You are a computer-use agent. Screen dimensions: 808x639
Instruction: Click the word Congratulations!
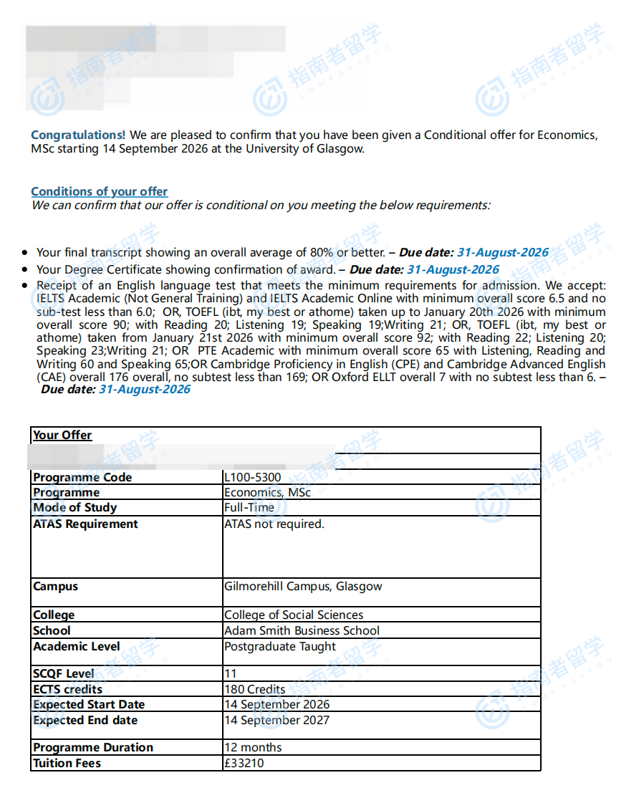tap(78, 135)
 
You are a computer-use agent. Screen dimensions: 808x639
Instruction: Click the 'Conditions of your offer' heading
tap(99, 191)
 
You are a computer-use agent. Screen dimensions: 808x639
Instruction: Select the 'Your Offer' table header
tap(62, 435)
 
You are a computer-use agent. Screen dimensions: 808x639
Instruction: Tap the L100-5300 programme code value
tap(252, 477)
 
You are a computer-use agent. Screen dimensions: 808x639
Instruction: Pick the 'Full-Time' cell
tap(249, 507)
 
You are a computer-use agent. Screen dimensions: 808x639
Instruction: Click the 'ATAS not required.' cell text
tap(274, 524)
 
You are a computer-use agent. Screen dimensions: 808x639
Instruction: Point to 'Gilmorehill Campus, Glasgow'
tap(303, 586)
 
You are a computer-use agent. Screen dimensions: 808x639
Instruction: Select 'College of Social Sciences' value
tap(293, 615)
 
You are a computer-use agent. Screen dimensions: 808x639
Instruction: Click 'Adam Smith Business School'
tap(302, 630)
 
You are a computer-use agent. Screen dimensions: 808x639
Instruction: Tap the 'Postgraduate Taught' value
tap(279, 646)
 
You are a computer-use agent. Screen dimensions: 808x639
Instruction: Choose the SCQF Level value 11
tap(230, 673)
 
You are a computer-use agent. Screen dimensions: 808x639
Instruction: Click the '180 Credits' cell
tap(254, 689)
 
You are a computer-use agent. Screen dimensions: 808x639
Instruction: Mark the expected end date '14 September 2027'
tap(277, 720)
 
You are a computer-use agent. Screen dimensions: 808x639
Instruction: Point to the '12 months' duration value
tap(253, 747)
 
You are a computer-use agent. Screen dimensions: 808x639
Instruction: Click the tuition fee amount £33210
tap(244, 763)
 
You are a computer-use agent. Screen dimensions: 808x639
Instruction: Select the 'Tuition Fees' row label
tap(67, 763)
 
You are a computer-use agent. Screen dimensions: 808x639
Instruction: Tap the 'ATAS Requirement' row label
tap(85, 524)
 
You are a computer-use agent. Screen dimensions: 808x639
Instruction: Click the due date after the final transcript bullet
tap(502, 252)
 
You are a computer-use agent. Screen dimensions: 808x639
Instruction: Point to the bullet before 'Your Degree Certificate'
tap(25, 270)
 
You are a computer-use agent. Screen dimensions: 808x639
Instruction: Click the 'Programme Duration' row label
tap(93, 747)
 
